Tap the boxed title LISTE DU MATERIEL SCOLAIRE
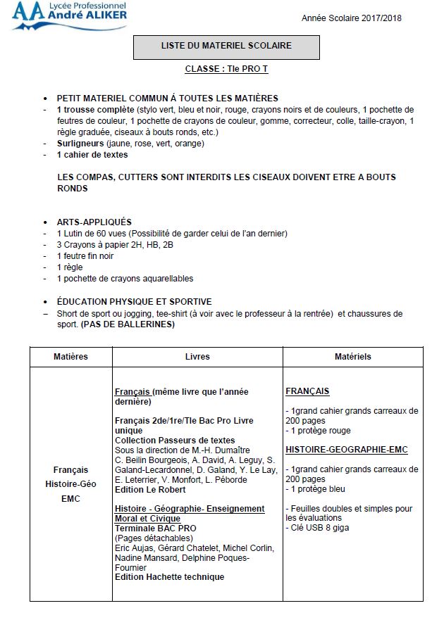pos(226,46)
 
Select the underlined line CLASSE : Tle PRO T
pos(226,70)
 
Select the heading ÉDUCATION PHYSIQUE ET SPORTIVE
pos(134,301)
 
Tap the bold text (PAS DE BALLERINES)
pos(128,324)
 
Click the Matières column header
pos(70,356)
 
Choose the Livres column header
pos(197,356)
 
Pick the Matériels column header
pos(352,356)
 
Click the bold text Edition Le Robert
pos(147,489)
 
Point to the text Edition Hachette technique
pos(169,577)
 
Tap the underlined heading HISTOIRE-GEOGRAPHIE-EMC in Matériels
pos(346,450)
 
